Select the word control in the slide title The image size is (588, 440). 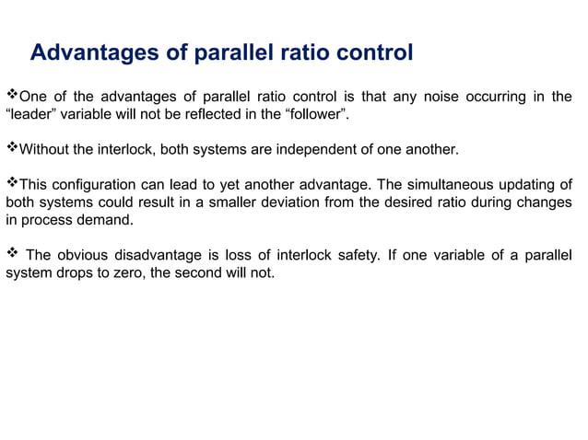371,53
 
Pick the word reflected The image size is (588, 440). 204,114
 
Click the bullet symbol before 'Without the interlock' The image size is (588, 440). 12,148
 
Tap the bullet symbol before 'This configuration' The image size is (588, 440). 12,183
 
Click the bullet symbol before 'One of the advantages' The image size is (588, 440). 12,96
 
